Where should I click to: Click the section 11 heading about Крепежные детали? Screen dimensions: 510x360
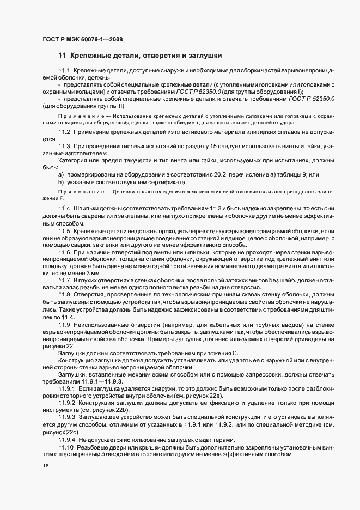click(139, 56)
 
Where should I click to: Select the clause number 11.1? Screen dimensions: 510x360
click(64, 71)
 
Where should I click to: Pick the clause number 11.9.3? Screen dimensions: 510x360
click(66, 420)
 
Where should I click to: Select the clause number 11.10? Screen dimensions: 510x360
click(65, 448)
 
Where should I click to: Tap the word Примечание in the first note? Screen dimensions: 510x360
click(76, 116)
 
